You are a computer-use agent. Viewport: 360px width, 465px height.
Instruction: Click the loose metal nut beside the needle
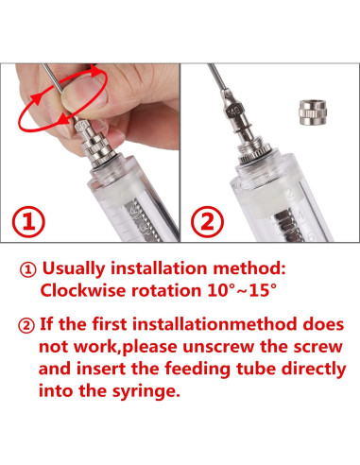[312, 112]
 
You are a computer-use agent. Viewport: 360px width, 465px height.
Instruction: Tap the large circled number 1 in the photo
[28, 221]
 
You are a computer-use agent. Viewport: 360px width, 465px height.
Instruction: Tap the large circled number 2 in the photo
[207, 221]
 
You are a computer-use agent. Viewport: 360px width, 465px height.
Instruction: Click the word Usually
[74, 268]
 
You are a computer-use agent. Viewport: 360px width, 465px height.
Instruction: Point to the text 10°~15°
[242, 290]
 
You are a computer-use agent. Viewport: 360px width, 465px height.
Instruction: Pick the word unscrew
[218, 347]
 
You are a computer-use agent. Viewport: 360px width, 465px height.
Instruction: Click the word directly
[314, 370]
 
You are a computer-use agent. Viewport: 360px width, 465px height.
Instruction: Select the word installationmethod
[214, 324]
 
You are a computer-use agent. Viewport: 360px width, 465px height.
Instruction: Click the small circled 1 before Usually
[28, 270]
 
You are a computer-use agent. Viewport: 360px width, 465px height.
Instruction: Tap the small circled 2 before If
[26, 326]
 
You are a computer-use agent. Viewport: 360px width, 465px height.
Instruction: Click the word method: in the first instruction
[249, 268]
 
